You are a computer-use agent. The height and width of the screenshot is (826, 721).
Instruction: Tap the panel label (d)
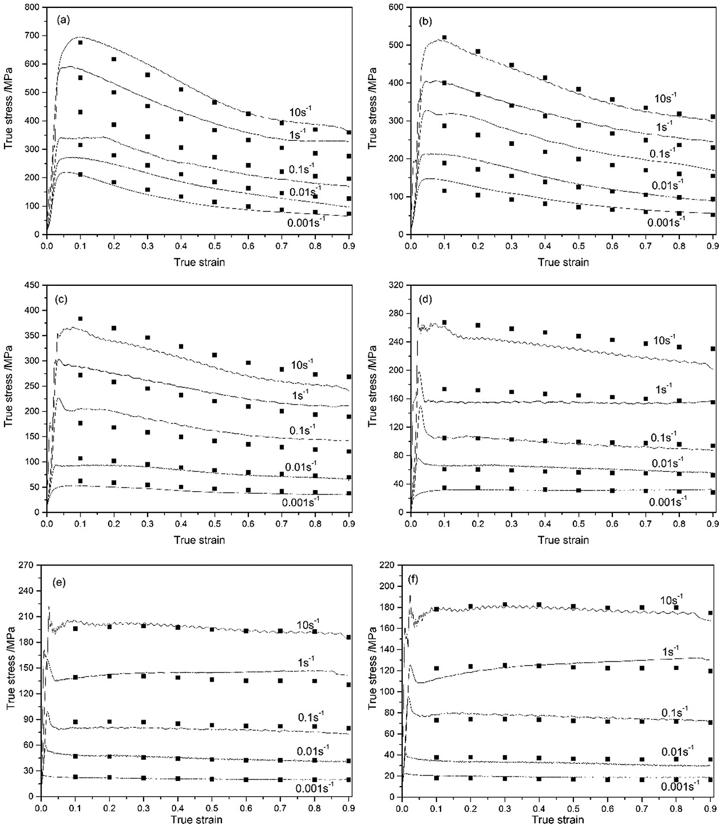[x=426, y=299]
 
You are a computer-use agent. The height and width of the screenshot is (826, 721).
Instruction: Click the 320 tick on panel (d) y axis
[x=398, y=285]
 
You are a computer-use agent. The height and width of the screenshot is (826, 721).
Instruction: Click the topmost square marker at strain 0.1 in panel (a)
[x=80, y=42]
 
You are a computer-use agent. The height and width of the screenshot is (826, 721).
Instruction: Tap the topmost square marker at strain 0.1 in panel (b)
[x=444, y=38]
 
